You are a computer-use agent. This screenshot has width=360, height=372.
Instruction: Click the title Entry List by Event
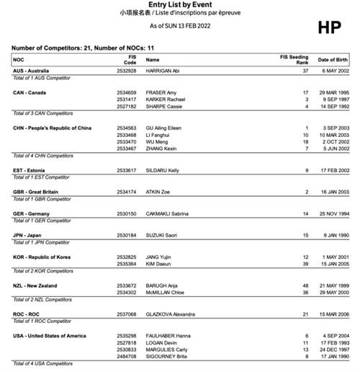pyautogui.click(x=179, y=5)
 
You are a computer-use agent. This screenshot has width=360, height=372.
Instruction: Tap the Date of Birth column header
pyautogui.click(x=332, y=60)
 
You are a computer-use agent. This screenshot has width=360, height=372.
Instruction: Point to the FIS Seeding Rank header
pyautogui.click(x=294, y=60)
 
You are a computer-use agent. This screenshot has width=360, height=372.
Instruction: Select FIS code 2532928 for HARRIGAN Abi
pyautogui.click(x=126, y=71)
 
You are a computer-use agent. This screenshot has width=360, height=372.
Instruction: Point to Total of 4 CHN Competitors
pyautogui.click(x=43, y=155)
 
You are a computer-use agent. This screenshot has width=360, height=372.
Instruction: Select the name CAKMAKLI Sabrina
pyautogui.click(x=168, y=213)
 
